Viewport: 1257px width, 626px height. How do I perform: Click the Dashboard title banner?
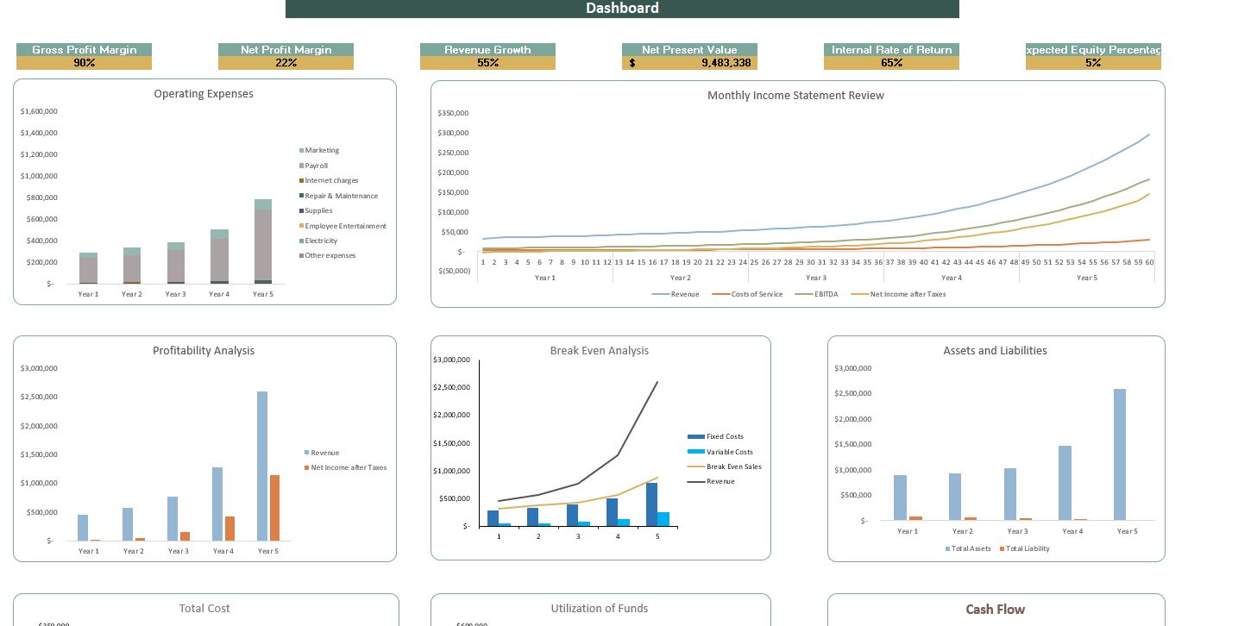(622, 9)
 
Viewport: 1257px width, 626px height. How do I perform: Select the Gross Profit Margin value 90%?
(84, 63)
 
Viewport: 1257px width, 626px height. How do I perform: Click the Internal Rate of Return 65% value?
(891, 63)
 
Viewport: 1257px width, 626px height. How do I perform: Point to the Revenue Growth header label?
(487, 50)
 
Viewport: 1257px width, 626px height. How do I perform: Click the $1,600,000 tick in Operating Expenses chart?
(39, 112)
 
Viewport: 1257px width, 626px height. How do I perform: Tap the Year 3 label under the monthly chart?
(815, 278)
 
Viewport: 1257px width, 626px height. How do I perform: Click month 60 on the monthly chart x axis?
(1149, 262)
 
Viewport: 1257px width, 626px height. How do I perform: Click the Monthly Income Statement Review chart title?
(795, 96)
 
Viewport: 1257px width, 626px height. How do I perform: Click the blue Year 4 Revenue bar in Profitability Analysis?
(217, 504)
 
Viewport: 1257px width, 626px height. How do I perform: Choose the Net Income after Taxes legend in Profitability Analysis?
(349, 467)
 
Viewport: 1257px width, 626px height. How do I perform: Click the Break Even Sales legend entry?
(733, 466)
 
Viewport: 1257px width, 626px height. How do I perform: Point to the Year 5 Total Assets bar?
(1120, 454)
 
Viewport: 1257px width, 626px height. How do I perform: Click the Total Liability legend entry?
(1028, 548)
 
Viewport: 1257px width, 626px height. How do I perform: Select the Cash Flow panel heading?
(995, 610)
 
